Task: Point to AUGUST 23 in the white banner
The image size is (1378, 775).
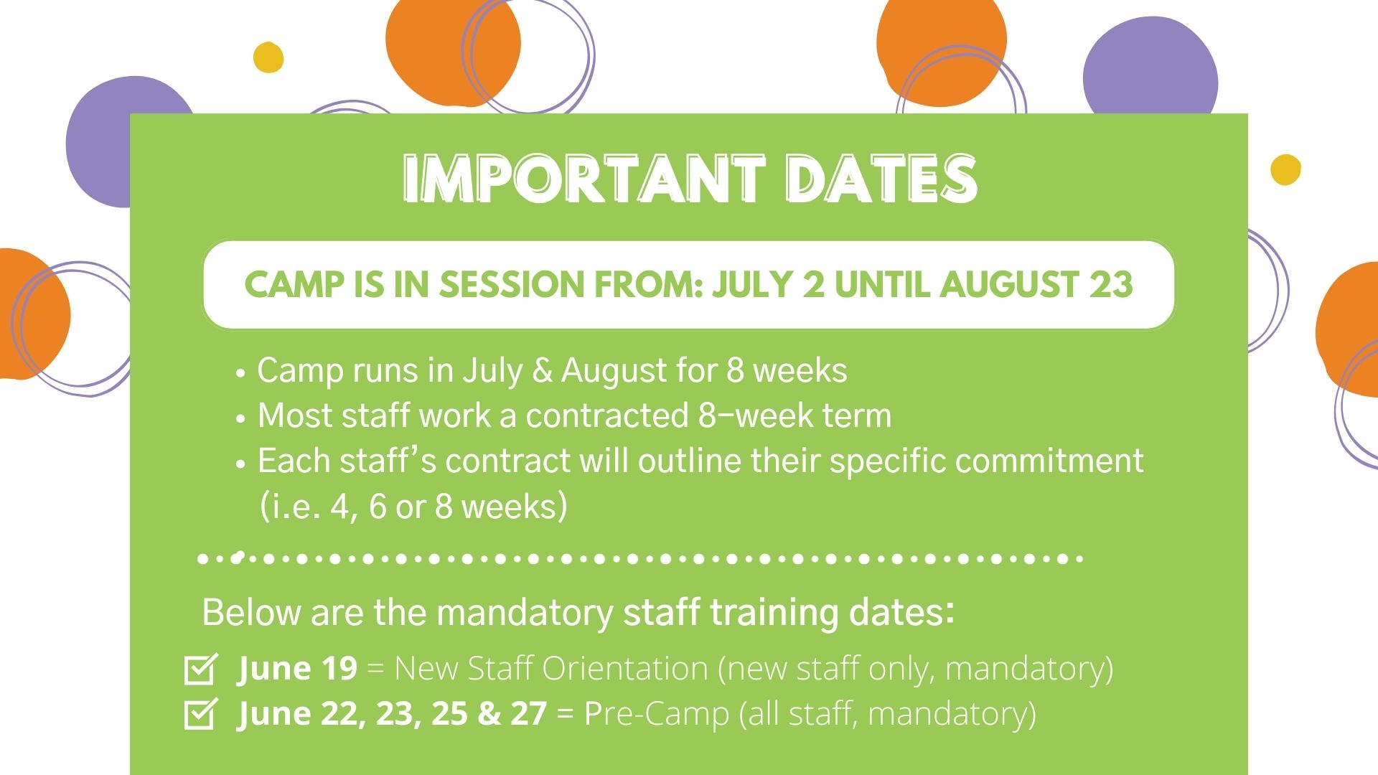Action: click(x=1036, y=285)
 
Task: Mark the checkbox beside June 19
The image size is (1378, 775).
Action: click(x=200, y=669)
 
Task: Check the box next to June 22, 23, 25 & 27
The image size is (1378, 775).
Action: click(x=200, y=713)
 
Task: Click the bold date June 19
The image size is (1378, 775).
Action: click(x=297, y=669)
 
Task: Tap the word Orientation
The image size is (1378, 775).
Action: click(x=625, y=669)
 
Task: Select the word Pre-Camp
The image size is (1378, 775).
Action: click(x=657, y=714)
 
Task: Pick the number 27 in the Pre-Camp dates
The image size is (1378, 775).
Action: click(x=528, y=714)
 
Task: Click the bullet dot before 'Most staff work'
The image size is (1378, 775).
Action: click(x=240, y=418)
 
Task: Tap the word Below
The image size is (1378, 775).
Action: click(x=251, y=613)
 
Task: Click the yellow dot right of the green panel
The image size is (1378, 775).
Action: click(x=1285, y=170)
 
